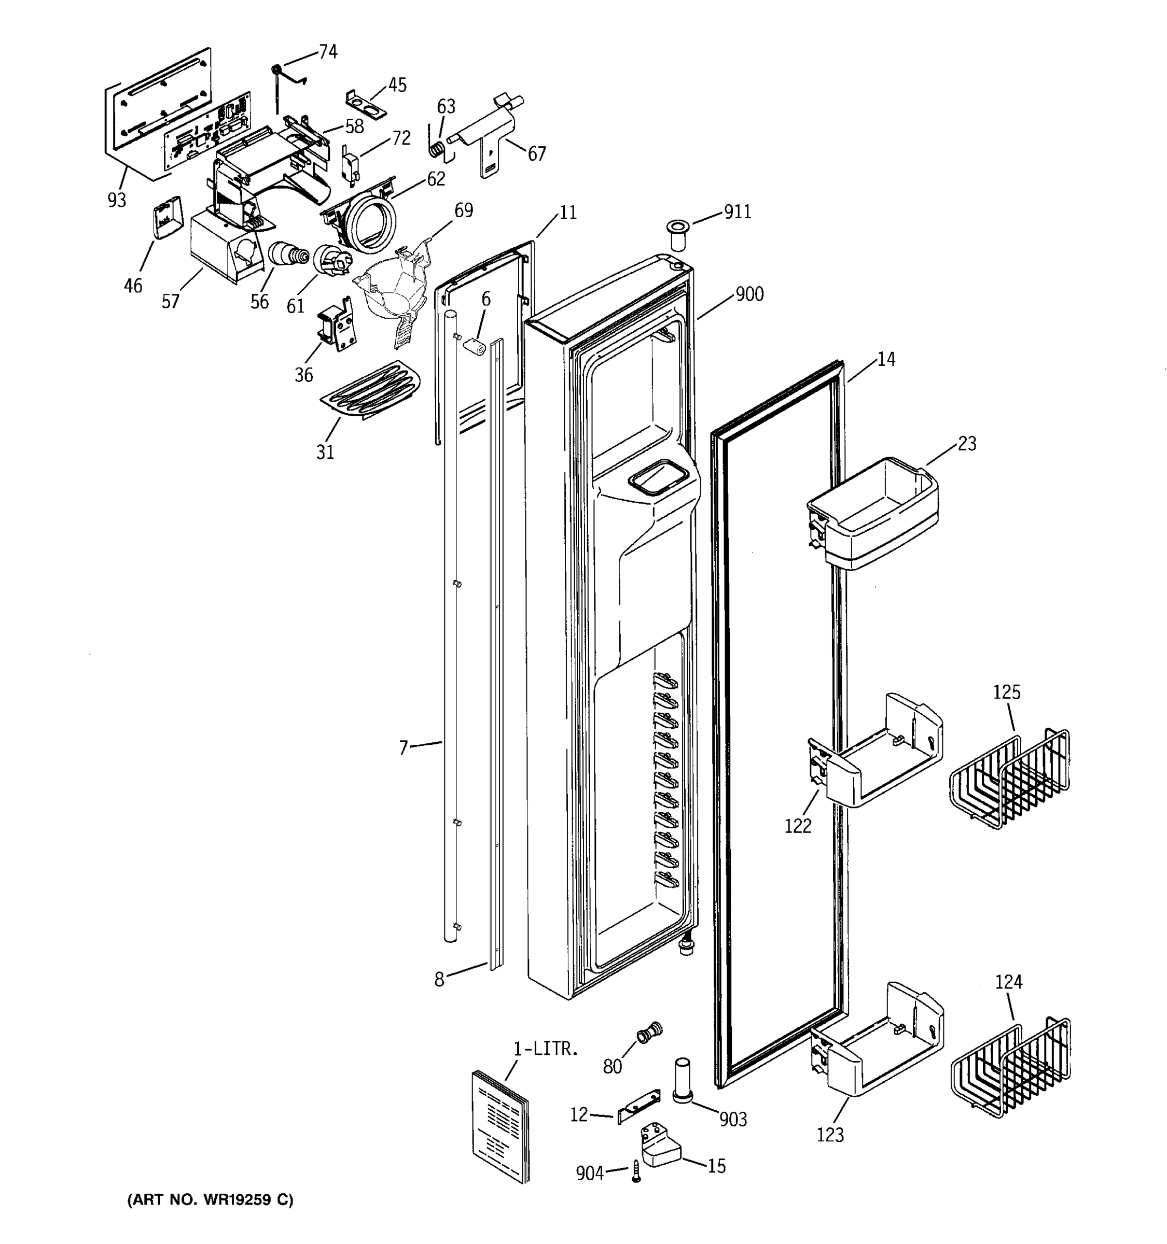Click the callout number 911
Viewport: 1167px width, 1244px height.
737,212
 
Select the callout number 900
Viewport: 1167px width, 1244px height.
749,294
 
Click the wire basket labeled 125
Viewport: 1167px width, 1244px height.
1009,780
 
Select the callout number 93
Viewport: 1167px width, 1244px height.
117,200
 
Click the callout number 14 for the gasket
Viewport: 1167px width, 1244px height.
885,359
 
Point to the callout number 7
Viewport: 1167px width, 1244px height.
403,747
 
